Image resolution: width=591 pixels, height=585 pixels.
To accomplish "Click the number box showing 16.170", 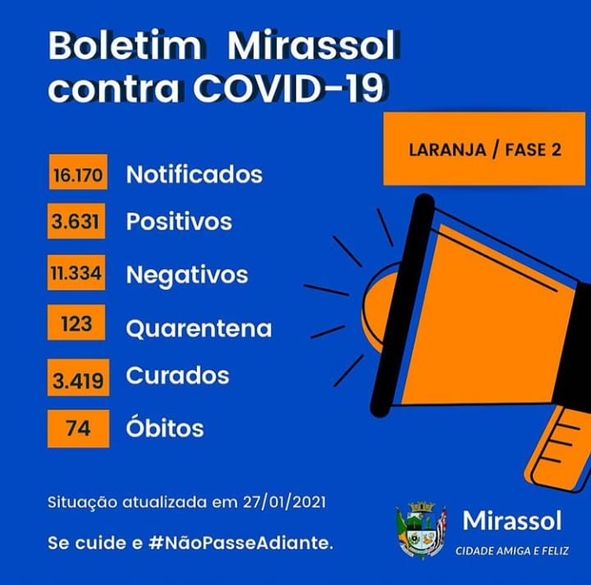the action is point(78,171).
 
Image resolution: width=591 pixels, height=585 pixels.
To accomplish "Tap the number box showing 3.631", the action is point(76,221).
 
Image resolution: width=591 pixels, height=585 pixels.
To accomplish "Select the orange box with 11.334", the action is point(76,272).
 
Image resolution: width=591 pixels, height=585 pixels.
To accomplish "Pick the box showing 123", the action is point(76,322).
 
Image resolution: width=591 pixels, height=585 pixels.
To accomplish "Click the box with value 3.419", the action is point(79,377).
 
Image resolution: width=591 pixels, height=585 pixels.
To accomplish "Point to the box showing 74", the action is point(79,428).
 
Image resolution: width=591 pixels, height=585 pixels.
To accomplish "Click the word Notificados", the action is point(195,175).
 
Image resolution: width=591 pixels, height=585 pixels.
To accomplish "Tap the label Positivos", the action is point(179,221).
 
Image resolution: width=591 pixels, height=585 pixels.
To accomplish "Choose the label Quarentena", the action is point(199,328).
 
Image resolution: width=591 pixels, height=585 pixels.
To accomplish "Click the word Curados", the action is point(177,376).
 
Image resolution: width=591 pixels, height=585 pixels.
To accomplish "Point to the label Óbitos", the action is point(165,427).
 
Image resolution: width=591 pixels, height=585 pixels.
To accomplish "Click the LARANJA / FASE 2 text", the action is point(485,150).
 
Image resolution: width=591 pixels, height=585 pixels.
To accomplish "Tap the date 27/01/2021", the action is point(284,502).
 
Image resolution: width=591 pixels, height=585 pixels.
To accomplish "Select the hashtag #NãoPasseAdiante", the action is point(241,543).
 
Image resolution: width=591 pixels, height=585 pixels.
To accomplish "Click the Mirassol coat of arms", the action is point(421,530).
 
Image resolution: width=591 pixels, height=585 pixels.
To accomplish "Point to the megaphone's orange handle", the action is point(559,449).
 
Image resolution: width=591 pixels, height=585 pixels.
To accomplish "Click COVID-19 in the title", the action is point(289,89).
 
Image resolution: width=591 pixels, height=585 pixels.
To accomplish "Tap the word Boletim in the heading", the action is point(125,46).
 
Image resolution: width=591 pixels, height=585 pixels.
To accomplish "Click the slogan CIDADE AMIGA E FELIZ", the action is point(512,551).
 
